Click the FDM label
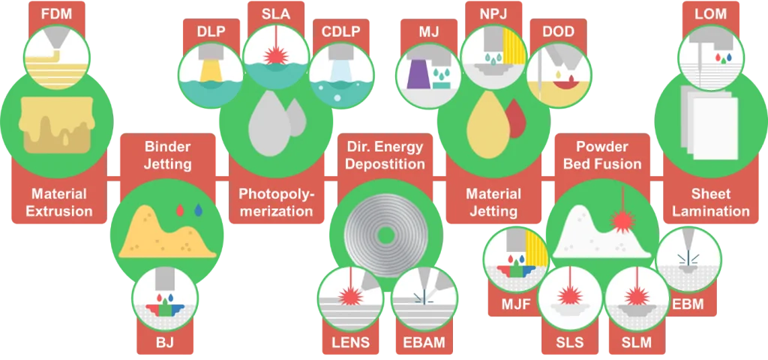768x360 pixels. coord(56,13)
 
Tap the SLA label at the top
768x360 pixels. coord(276,13)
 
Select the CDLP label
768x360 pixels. coord(341,31)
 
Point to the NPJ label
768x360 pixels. coord(493,13)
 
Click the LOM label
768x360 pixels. coord(711,13)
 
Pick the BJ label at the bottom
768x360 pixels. coord(164,342)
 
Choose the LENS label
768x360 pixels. coord(351,342)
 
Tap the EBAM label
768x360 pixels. coord(425,342)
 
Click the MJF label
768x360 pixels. coord(516,304)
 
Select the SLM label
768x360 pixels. coord(637,342)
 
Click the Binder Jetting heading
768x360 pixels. coord(168,154)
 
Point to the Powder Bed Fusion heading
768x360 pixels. coord(602,154)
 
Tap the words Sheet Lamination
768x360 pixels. coord(711,202)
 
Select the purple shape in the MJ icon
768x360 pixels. coord(418,73)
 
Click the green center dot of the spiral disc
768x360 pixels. coord(386,236)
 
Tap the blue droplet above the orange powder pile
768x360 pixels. coord(198,210)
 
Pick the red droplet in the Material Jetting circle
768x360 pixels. coord(514,118)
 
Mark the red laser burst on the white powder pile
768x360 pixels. coord(622,221)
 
